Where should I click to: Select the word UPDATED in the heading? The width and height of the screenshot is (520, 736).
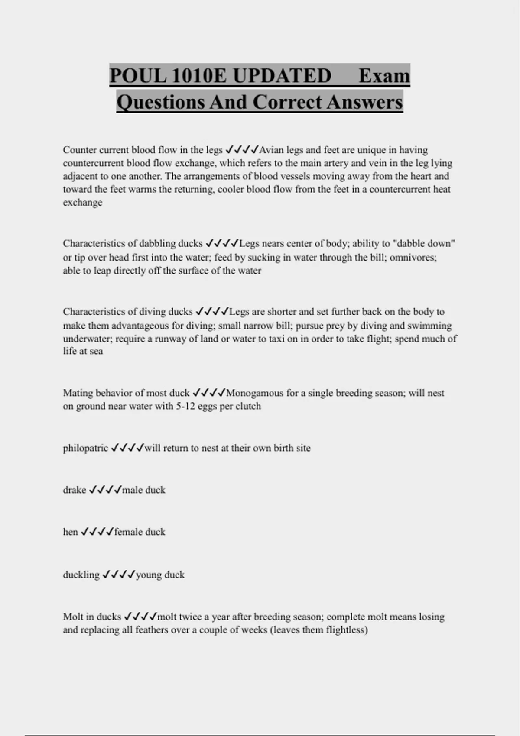coord(282,76)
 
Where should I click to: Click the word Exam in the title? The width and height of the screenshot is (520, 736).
coord(384,76)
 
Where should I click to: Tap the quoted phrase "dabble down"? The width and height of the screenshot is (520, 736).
coord(423,243)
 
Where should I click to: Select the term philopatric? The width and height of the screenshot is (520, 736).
coord(85,448)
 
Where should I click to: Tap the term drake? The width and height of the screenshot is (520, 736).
coord(75,490)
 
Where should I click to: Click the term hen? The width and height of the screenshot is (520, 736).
coord(70,532)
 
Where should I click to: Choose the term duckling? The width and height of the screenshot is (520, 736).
coord(81,575)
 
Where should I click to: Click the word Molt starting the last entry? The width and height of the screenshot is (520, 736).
coord(72,617)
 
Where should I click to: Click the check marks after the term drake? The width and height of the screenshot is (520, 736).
coord(105,490)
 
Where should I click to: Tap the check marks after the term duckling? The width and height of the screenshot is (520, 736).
coord(118,575)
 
